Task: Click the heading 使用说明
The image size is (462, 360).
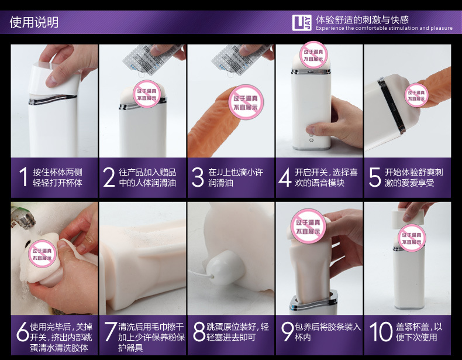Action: [x=34, y=22]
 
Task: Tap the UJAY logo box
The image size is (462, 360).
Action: [x=302, y=23]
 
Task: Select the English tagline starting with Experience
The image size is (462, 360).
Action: [x=384, y=28]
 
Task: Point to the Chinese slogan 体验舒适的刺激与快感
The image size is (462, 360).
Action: [x=363, y=20]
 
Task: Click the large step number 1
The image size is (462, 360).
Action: [x=23, y=177]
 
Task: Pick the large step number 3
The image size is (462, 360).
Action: [x=198, y=177]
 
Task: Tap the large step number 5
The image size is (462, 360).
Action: [x=375, y=177]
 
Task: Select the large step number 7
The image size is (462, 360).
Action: [x=111, y=331]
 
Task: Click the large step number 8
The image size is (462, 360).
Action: [x=199, y=331]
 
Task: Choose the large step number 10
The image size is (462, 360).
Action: [x=381, y=331]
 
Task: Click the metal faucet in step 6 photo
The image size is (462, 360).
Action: [x=23, y=219]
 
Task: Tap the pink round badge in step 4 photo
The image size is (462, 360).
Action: [x=313, y=55]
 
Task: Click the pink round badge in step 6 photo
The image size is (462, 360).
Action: [x=42, y=254]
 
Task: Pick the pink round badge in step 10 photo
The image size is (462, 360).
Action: [x=412, y=238]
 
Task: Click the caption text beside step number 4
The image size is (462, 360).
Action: [x=326, y=177]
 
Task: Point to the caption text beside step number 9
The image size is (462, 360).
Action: [x=327, y=332]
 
